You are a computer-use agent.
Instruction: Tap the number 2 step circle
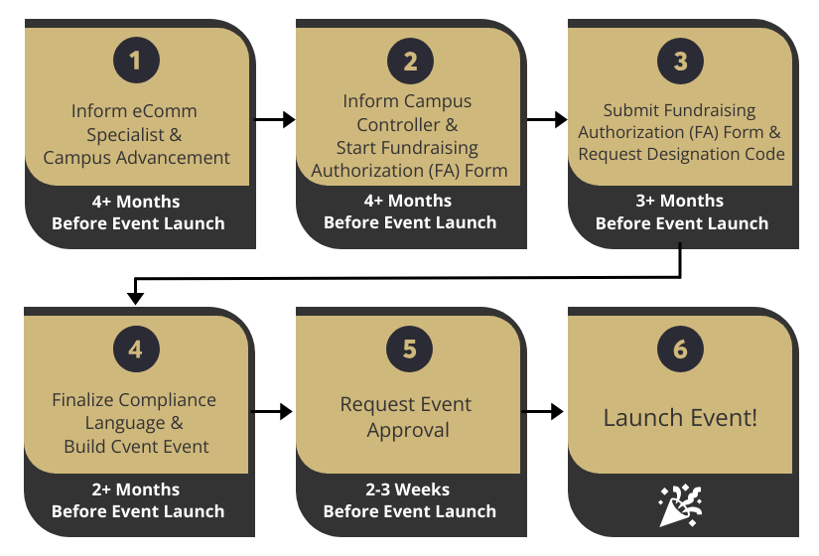click(x=409, y=62)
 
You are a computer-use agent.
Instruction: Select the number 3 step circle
click(x=681, y=62)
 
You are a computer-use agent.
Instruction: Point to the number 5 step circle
click(x=409, y=350)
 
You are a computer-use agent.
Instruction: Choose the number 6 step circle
click(x=681, y=350)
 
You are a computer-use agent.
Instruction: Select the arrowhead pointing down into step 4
click(x=136, y=296)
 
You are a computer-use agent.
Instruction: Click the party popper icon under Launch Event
click(x=680, y=504)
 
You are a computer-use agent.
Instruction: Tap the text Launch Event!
click(x=680, y=417)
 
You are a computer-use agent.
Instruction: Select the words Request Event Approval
click(x=407, y=417)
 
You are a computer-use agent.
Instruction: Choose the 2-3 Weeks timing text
click(x=409, y=489)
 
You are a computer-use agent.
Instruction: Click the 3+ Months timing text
click(x=681, y=201)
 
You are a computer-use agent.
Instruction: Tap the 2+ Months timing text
click(x=137, y=489)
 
